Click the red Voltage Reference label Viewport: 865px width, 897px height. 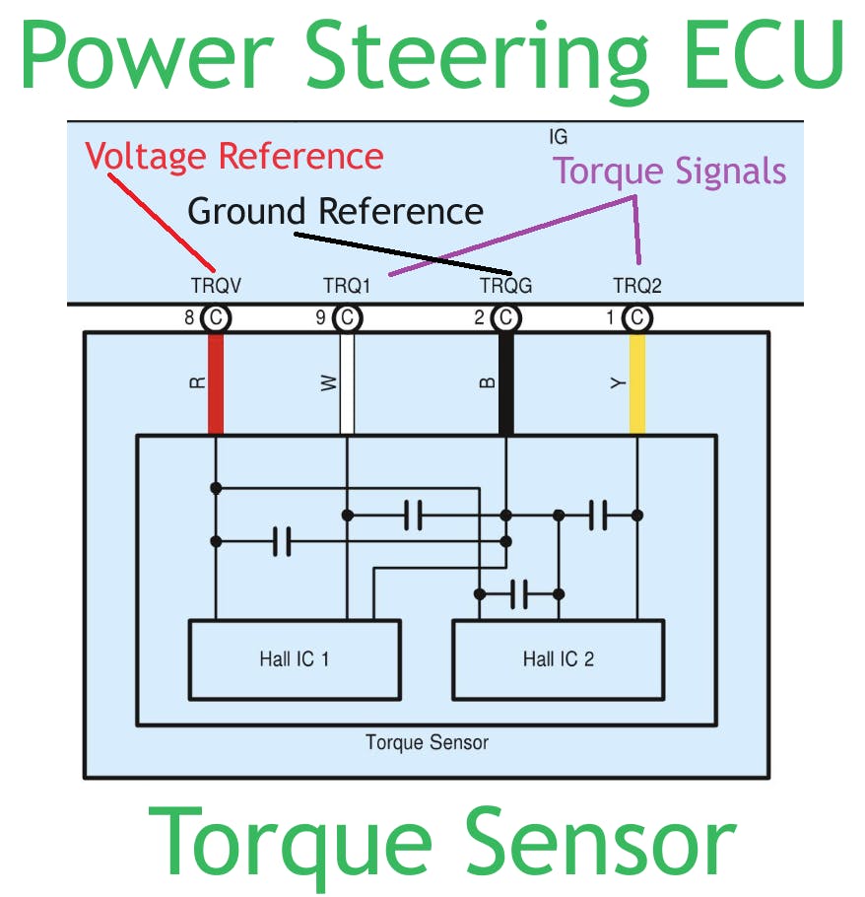(x=233, y=157)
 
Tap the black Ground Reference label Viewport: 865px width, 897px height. (x=335, y=212)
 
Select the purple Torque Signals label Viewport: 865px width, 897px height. (x=670, y=172)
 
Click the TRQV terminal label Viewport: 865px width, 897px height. (x=216, y=287)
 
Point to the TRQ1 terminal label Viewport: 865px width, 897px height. (x=346, y=287)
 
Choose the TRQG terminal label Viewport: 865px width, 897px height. (x=505, y=287)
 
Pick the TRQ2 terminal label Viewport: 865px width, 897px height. (x=637, y=287)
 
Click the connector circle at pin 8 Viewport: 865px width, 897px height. (x=215, y=318)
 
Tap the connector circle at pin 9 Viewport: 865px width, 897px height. (x=347, y=318)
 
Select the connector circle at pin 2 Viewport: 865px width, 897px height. (x=505, y=318)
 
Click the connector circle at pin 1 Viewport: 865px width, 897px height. (x=637, y=318)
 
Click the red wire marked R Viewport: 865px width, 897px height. (x=216, y=384)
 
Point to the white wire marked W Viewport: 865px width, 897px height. (x=347, y=384)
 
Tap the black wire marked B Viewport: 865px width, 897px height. (x=506, y=384)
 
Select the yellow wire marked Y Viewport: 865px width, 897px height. (x=637, y=384)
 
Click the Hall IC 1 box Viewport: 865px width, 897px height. (x=294, y=658)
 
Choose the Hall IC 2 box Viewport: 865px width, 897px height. (x=558, y=658)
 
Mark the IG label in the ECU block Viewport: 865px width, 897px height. (x=558, y=137)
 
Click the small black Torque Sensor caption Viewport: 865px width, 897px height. (x=427, y=742)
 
